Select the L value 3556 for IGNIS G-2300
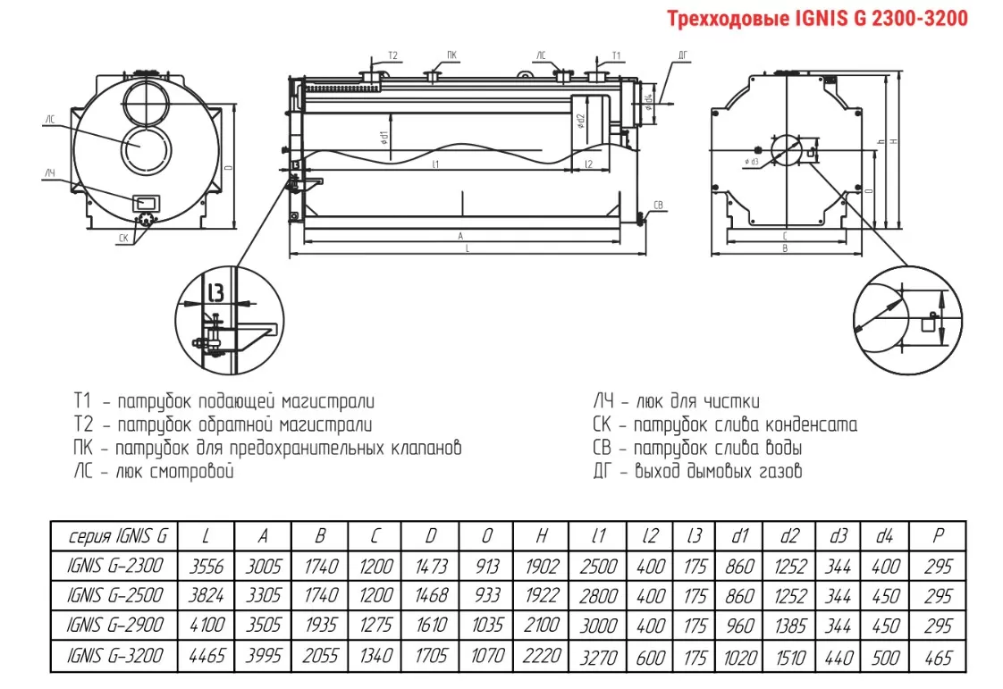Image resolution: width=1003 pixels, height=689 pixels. coord(206,567)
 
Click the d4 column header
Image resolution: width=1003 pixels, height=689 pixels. coord(884,536)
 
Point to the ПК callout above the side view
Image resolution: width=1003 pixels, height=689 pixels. coord(453,55)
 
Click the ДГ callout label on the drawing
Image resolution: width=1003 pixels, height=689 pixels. coord(683,55)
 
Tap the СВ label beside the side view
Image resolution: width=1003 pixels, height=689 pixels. coord(659,205)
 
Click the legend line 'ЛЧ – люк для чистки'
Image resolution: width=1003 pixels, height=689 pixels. coord(677,401)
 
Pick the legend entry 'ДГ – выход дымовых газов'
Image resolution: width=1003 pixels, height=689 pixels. coord(697,471)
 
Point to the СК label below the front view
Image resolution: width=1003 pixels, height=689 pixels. coord(123,238)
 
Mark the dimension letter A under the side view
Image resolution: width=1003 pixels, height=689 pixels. coord(460,236)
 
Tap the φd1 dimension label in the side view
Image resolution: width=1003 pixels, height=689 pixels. coord(382,138)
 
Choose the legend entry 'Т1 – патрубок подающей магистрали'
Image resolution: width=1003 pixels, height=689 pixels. coord(224,401)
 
